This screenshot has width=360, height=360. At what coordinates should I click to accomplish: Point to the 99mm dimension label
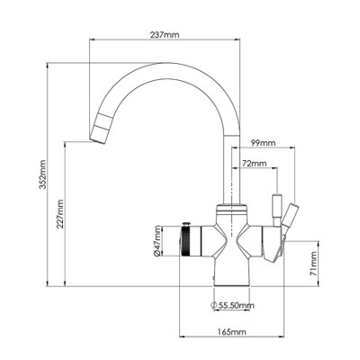(x=263, y=141)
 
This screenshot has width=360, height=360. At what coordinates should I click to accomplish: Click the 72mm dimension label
(x=255, y=164)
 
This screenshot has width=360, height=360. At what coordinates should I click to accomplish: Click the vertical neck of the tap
(x=229, y=171)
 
